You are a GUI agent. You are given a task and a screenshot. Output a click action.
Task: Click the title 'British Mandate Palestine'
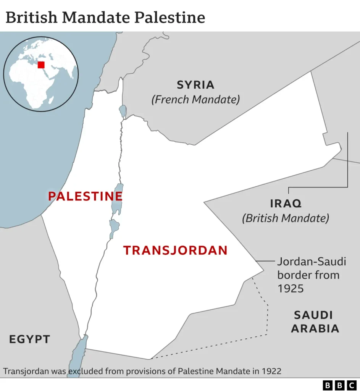point(105,17)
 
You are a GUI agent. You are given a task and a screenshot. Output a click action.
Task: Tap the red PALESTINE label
point(85,196)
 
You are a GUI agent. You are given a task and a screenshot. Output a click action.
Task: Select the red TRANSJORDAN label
point(175,250)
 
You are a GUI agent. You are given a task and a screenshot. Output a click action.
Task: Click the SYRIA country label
point(195,85)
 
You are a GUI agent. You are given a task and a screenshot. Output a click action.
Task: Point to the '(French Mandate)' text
point(195,100)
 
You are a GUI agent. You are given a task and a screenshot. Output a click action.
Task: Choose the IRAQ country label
point(286,204)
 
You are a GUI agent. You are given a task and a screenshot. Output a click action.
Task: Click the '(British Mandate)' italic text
point(286,218)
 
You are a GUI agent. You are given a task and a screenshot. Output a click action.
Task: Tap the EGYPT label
point(30,339)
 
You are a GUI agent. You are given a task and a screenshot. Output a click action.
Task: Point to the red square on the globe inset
point(41,65)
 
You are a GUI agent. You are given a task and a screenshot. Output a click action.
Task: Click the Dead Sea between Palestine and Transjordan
point(117,199)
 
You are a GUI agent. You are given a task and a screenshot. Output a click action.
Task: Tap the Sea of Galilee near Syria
point(123,111)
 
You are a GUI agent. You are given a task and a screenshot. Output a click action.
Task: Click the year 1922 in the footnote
point(271,371)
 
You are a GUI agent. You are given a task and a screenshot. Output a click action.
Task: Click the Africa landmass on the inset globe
point(29,82)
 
